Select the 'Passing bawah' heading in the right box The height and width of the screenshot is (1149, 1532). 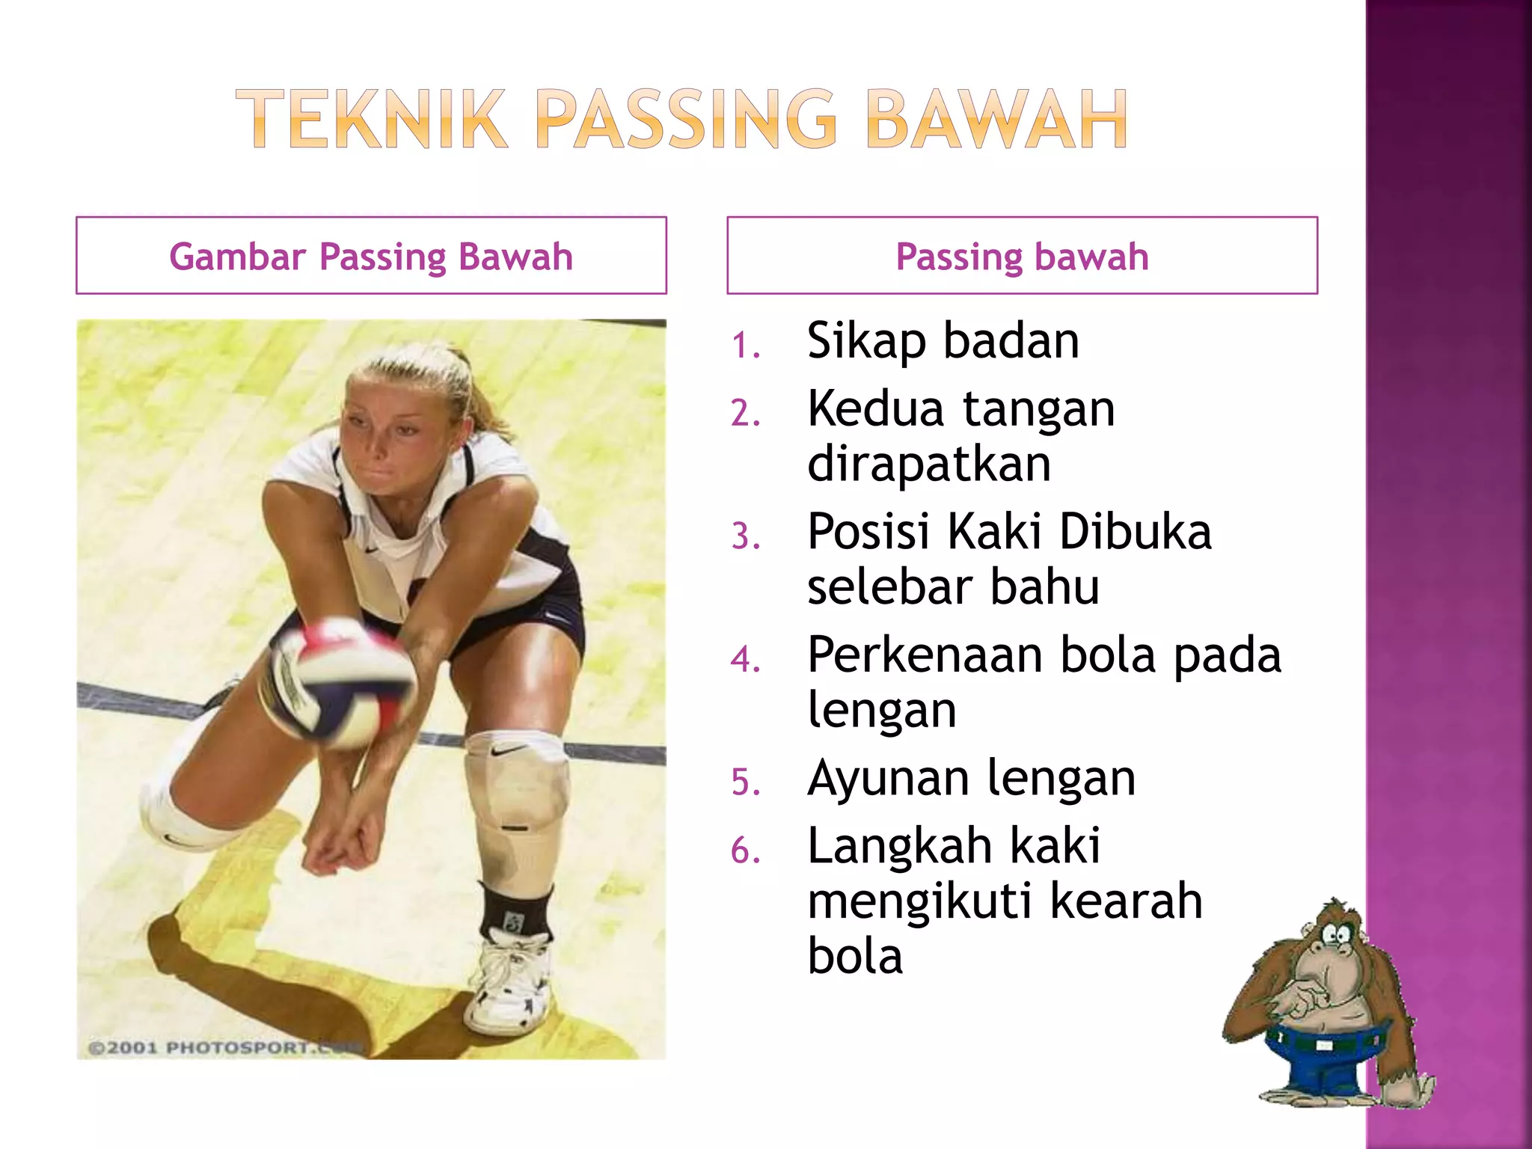(x=1022, y=257)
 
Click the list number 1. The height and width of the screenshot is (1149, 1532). (x=746, y=346)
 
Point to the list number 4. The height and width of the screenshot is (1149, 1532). (x=746, y=660)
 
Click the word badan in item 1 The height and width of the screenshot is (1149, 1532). (x=1011, y=341)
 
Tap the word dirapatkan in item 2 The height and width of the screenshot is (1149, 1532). (x=929, y=464)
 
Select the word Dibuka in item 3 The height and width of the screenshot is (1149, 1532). (x=1135, y=532)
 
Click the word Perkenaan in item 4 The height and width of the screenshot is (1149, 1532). (x=925, y=655)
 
